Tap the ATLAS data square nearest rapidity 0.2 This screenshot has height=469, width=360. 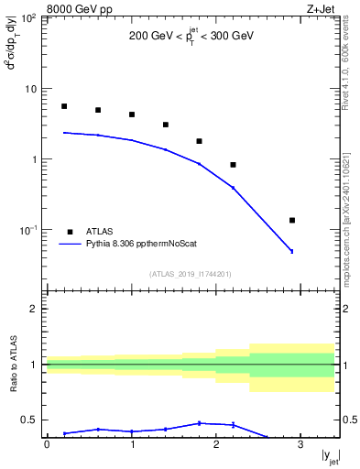click(x=64, y=106)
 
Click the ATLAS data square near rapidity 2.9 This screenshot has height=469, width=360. click(x=292, y=220)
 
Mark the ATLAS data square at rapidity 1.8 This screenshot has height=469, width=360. click(x=199, y=141)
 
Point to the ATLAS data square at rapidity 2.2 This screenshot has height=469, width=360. click(x=233, y=165)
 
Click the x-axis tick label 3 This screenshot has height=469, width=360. click(x=300, y=444)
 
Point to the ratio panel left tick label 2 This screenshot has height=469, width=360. click(x=33, y=309)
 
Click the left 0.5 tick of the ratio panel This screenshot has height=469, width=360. click(x=29, y=420)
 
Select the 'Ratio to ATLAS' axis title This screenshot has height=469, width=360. click(x=12, y=364)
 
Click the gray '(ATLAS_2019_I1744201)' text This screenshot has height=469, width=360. click(x=191, y=274)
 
